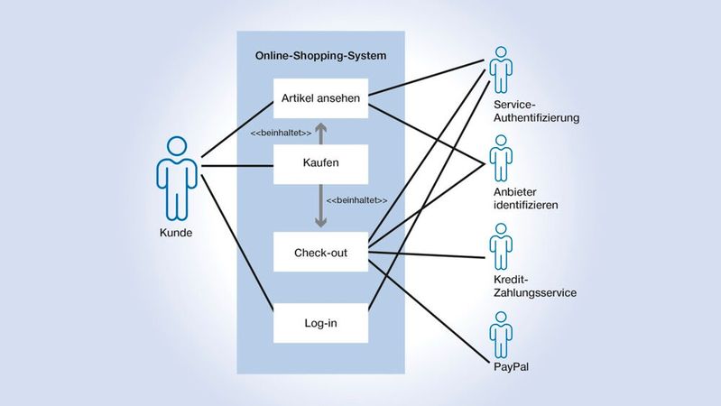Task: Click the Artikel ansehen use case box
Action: [x=321, y=98]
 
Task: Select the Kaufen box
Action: [x=321, y=164]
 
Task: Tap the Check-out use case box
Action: [x=321, y=252]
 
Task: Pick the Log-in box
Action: [x=321, y=320]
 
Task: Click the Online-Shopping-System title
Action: [x=321, y=56]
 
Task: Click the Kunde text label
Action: [x=177, y=233]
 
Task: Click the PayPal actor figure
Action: [x=500, y=335]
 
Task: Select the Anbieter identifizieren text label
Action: [x=525, y=198]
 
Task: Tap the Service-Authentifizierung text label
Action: [x=537, y=111]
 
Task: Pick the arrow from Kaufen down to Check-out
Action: [x=321, y=208]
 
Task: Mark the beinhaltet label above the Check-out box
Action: [x=356, y=199]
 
